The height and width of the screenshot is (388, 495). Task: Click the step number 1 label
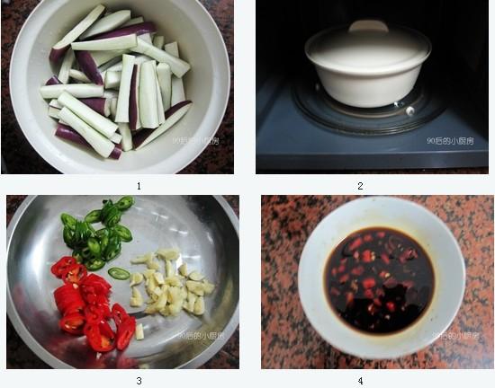[139, 186]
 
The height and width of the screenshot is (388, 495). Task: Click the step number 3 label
[139, 380]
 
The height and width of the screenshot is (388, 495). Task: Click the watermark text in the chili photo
[200, 336]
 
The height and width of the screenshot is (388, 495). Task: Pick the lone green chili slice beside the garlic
[118, 273]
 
